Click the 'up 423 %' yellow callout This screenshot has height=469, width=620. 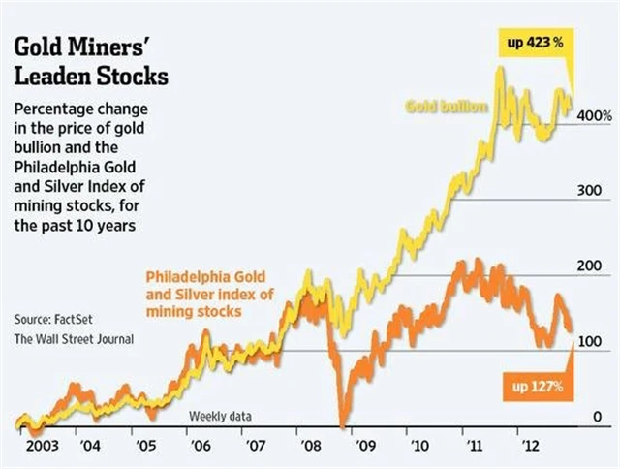(538, 43)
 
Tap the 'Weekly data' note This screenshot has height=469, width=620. (220, 416)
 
